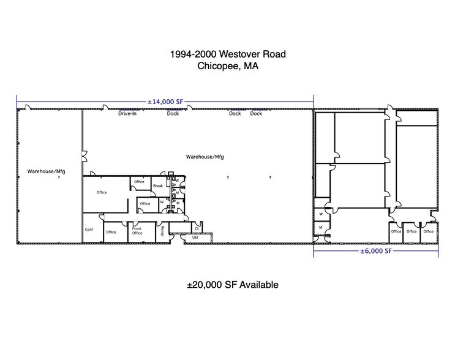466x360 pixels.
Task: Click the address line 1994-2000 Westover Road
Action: [227, 54]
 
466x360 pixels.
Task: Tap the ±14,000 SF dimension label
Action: [165, 101]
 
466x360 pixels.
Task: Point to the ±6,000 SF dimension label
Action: [375, 251]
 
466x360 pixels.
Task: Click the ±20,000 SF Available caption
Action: [233, 285]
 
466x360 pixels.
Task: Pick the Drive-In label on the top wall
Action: [127, 113]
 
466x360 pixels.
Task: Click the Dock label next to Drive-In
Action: [173, 113]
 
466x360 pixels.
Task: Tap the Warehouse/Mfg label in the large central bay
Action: [205, 157]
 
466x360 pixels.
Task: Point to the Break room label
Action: [157, 186]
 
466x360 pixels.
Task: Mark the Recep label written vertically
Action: [162, 230]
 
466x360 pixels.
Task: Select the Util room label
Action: [196, 237]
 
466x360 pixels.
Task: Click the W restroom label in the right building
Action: [321, 214]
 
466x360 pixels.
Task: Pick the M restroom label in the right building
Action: [321, 228]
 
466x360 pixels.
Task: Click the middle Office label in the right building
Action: [412, 231]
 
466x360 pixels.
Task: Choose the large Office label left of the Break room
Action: [102, 192]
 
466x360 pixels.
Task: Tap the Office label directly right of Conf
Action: [111, 232]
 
